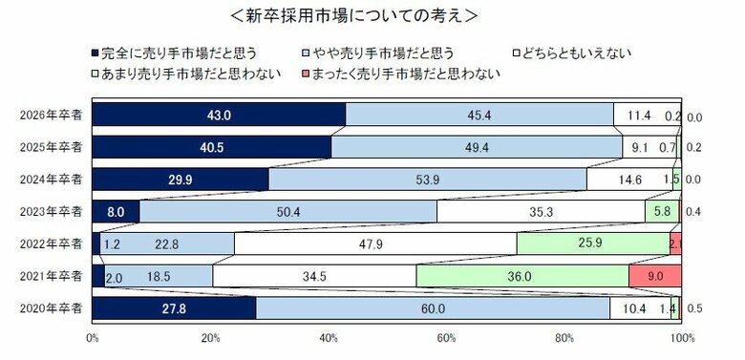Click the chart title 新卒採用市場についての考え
(372, 15)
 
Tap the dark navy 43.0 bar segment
(219, 115)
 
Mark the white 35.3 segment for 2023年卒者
(541, 211)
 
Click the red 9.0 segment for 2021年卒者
(654, 276)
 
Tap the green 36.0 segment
(521, 276)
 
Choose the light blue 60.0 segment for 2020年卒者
(433, 308)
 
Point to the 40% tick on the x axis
(329, 338)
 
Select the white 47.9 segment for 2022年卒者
(374, 244)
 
